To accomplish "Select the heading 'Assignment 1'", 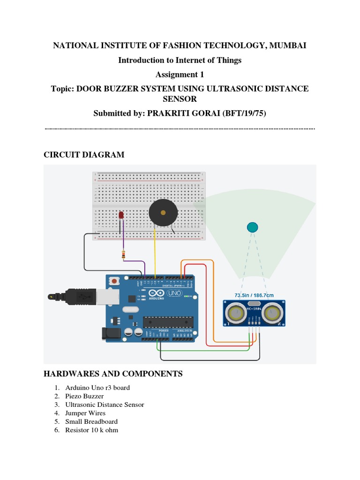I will pos(180,74).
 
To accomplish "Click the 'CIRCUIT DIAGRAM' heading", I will pos(84,155).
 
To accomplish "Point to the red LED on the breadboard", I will pos(121,215).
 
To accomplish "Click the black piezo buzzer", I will pos(163,212).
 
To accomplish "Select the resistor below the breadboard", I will pos(123,255).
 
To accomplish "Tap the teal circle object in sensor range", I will pos(252,227).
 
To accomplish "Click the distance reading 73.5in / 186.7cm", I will pos(254,295).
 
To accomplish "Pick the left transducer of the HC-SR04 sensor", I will pos(234,313).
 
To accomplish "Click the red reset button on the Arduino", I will pos(114,281).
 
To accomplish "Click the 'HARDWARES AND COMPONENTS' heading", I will pos(113,374).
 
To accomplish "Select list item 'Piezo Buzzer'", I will pos(84,396).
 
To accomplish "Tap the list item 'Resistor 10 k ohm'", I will pos(91,430).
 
